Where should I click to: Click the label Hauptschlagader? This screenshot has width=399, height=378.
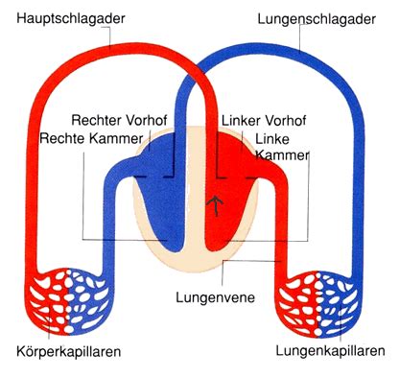[71, 18]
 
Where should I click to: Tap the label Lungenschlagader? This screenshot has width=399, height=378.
[317, 19]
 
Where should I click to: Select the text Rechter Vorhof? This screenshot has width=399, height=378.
[119, 120]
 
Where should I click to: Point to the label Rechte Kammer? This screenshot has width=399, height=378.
[91, 138]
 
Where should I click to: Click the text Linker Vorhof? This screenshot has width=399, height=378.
[264, 121]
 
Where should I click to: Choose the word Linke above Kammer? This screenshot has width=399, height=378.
[272, 139]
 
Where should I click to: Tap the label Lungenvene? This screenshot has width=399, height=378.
[216, 297]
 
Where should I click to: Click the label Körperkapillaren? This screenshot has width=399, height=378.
[69, 351]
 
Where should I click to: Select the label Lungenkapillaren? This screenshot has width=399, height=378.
[330, 351]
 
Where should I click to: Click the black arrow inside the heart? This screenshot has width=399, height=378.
[217, 205]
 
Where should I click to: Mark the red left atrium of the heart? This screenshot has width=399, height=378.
[232, 156]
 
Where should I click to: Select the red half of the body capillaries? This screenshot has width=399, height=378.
[48, 299]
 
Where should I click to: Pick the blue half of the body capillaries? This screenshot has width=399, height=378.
[89, 299]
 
